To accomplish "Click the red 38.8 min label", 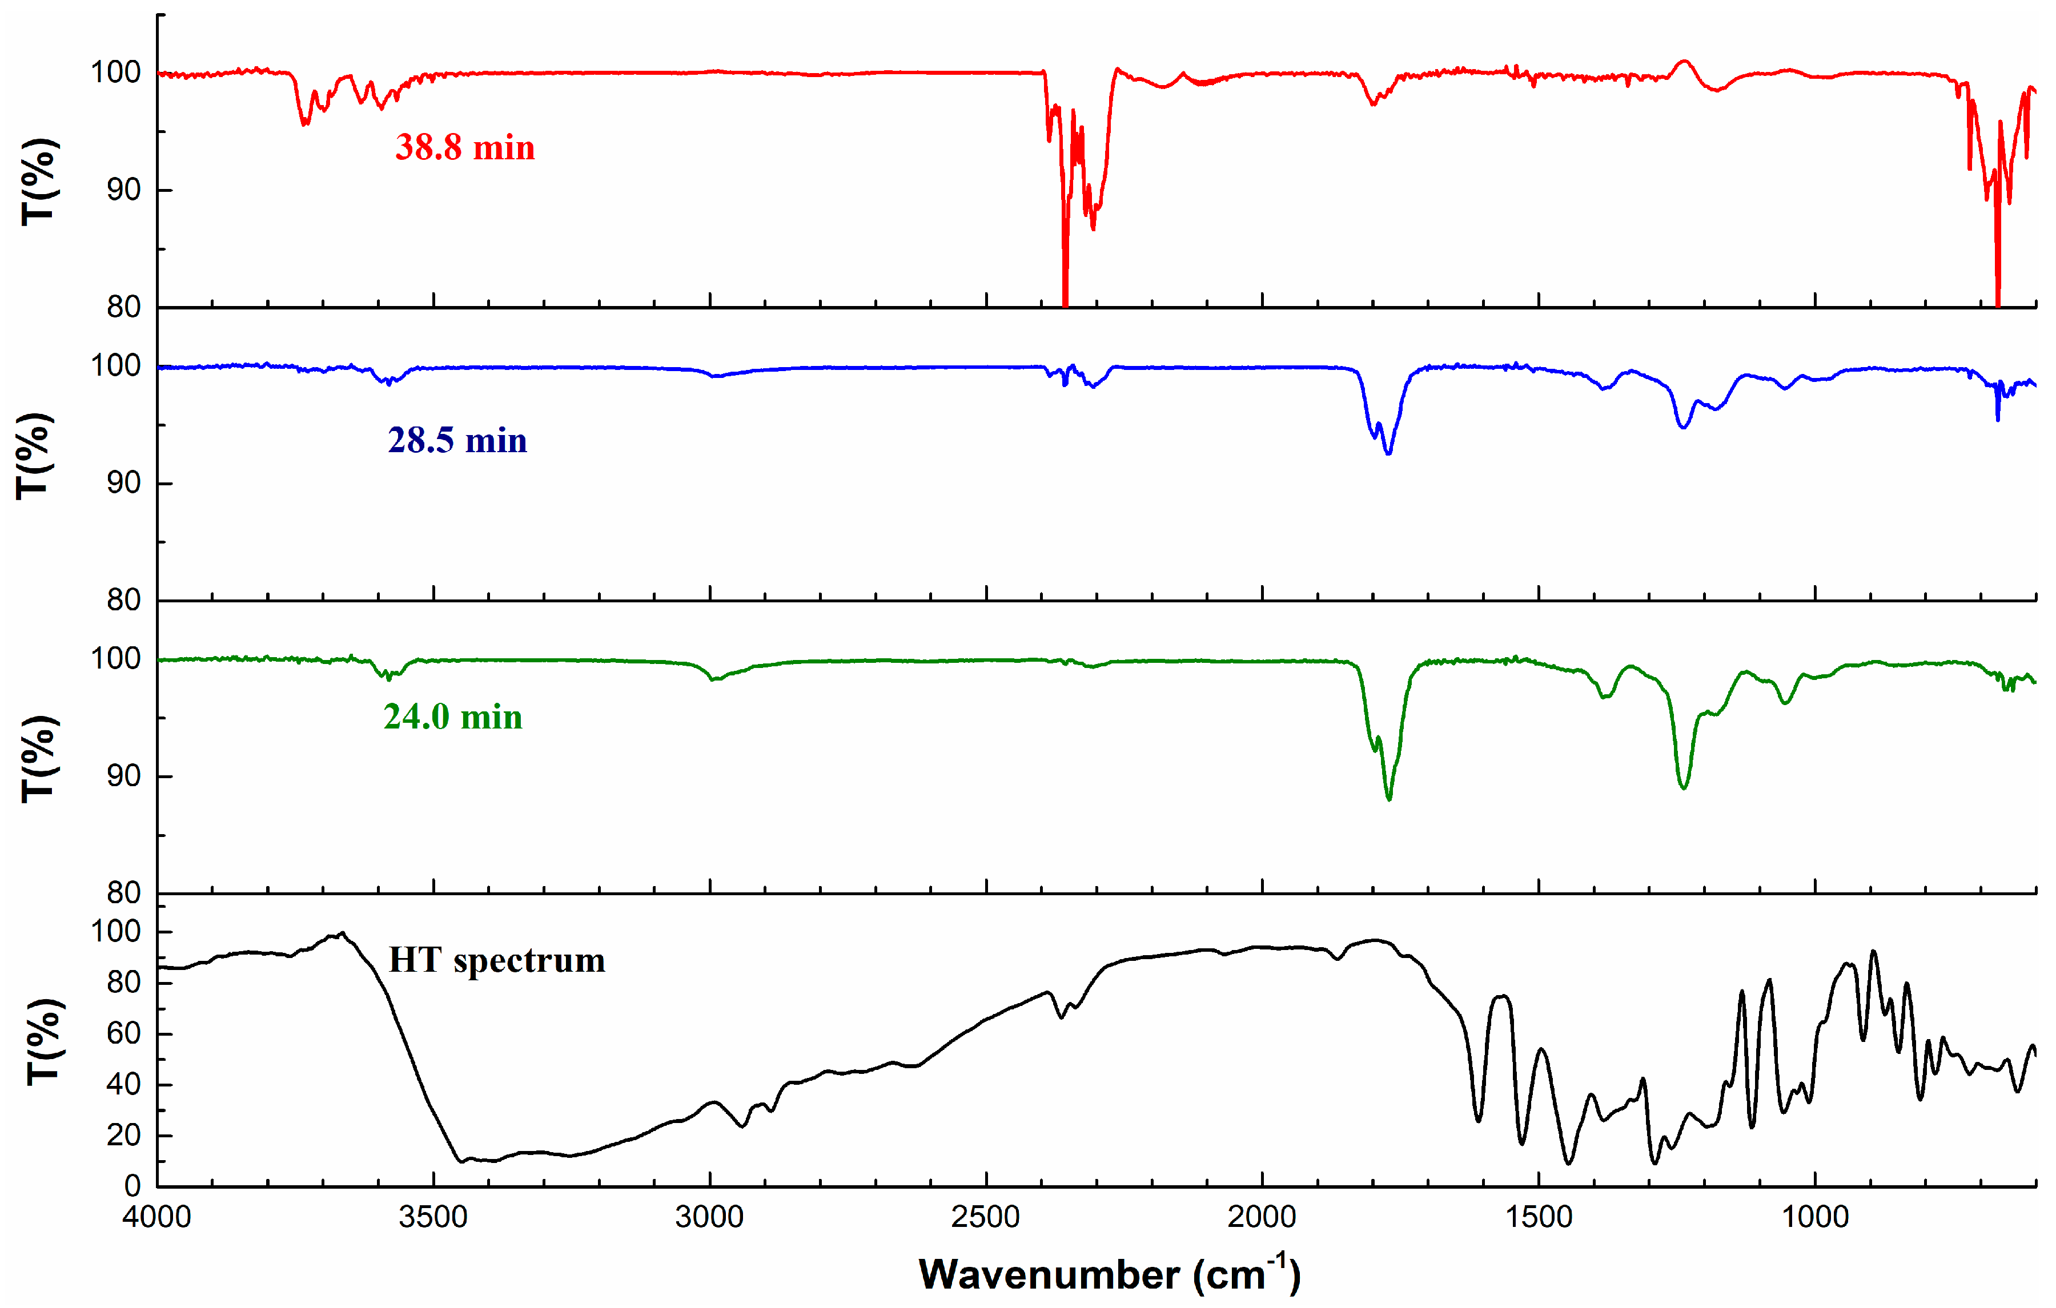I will (x=464, y=148).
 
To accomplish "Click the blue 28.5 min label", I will (x=457, y=441).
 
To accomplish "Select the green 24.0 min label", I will (x=452, y=717).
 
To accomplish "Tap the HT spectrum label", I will (x=497, y=960).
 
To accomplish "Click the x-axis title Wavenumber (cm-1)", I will (x=1109, y=1274).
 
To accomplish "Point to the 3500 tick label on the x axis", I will (x=433, y=1217).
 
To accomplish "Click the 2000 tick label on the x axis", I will (x=1262, y=1217).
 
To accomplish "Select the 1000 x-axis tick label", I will (x=1814, y=1217).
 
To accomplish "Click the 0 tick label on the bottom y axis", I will (x=132, y=1186).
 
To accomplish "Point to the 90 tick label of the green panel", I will (x=124, y=776).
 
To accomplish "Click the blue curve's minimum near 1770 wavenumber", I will (x=1389, y=453).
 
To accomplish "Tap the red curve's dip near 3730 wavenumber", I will (x=305, y=124).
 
